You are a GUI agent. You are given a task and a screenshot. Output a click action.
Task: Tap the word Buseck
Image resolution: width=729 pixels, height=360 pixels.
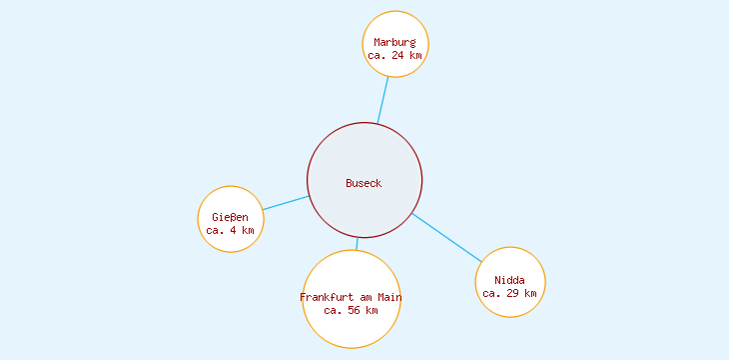pos(364,183)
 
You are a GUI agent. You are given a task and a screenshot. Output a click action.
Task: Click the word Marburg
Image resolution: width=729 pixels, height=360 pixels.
pos(394,42)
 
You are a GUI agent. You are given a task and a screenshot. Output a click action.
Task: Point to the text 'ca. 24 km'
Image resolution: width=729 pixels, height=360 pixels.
pos(394,56)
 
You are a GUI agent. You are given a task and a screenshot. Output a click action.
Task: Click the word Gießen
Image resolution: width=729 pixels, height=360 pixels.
pos(231,217)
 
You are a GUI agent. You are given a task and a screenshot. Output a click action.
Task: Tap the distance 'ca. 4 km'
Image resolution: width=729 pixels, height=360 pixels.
pos(231,230)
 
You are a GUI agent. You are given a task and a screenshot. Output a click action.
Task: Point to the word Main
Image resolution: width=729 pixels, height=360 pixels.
pos(388,297)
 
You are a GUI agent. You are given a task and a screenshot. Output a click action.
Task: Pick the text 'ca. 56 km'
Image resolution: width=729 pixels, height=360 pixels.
pos(352,310)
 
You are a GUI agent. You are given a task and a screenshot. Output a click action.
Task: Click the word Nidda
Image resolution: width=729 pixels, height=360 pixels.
pos(509,280)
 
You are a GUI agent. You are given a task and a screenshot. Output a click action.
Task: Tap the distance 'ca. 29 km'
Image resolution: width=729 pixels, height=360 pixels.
pos(509,293)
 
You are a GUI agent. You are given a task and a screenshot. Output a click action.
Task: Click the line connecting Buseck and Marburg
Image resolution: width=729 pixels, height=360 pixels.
pos(382,101)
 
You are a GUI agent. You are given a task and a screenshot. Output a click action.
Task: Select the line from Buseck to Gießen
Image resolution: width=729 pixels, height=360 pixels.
pos(286,203)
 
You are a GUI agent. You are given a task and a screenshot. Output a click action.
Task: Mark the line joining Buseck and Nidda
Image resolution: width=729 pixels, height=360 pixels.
pos(446,238)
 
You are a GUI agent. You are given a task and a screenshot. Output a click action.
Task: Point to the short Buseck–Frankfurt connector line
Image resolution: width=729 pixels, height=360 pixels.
pos(357,244)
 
